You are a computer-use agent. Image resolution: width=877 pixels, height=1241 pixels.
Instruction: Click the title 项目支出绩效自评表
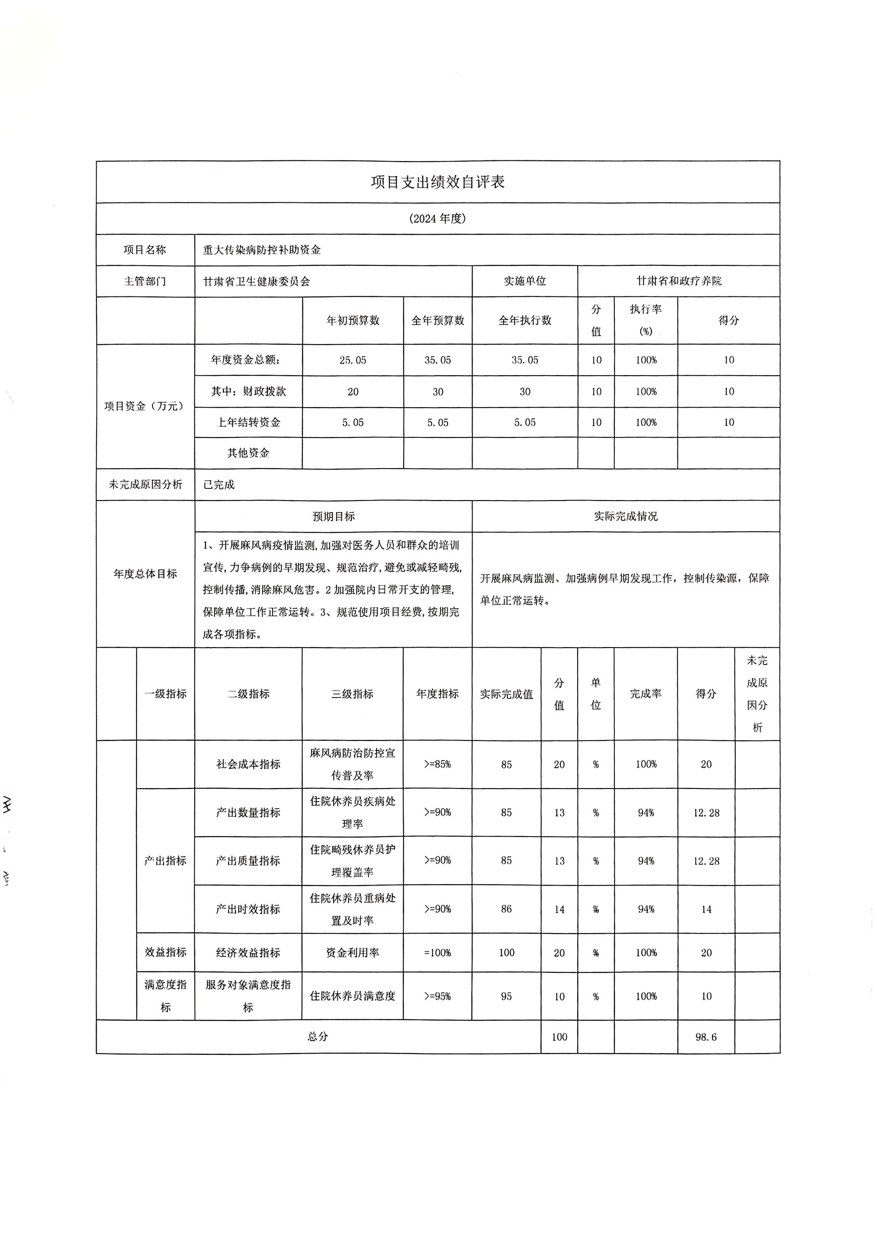tap(437, 182)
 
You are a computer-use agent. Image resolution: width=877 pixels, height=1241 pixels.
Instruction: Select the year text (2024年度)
tap(437, 219)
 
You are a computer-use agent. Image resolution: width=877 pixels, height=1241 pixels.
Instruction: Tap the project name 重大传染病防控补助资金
tap(262, 250)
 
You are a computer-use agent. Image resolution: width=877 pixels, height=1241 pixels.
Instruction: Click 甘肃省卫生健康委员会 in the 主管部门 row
tap(257, 281)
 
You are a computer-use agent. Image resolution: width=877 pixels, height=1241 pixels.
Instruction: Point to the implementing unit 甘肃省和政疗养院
tap(679, 281)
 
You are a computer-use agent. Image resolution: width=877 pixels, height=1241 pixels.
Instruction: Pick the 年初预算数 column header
tap(353, 320)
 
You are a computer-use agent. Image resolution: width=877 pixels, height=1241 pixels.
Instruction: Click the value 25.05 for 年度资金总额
tap(353, 360)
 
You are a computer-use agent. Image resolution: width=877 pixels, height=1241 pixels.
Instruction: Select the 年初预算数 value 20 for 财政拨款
tap(353, 392)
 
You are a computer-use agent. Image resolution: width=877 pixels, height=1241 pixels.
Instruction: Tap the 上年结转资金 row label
tap(248, 423)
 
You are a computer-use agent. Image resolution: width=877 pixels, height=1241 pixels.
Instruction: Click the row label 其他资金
tap(248, 453)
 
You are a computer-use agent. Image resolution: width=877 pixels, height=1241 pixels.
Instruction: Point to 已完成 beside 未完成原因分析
tap(219, 485)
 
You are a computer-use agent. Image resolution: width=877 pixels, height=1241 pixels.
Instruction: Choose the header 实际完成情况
tap(626, 516)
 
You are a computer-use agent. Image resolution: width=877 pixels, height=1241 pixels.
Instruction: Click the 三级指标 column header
tap(352, 694)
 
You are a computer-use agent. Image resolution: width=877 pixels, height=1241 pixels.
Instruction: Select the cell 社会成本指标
tap(248, 764)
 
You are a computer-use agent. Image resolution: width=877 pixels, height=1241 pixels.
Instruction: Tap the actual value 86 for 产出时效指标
tap(506, 909)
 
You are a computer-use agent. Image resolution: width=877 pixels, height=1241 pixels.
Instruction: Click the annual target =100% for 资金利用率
tap(437, 953)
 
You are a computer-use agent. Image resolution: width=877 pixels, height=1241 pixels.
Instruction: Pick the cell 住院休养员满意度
tap(352, 996)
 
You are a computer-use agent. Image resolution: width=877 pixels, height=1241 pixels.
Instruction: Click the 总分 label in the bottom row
tap(318, 1037)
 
